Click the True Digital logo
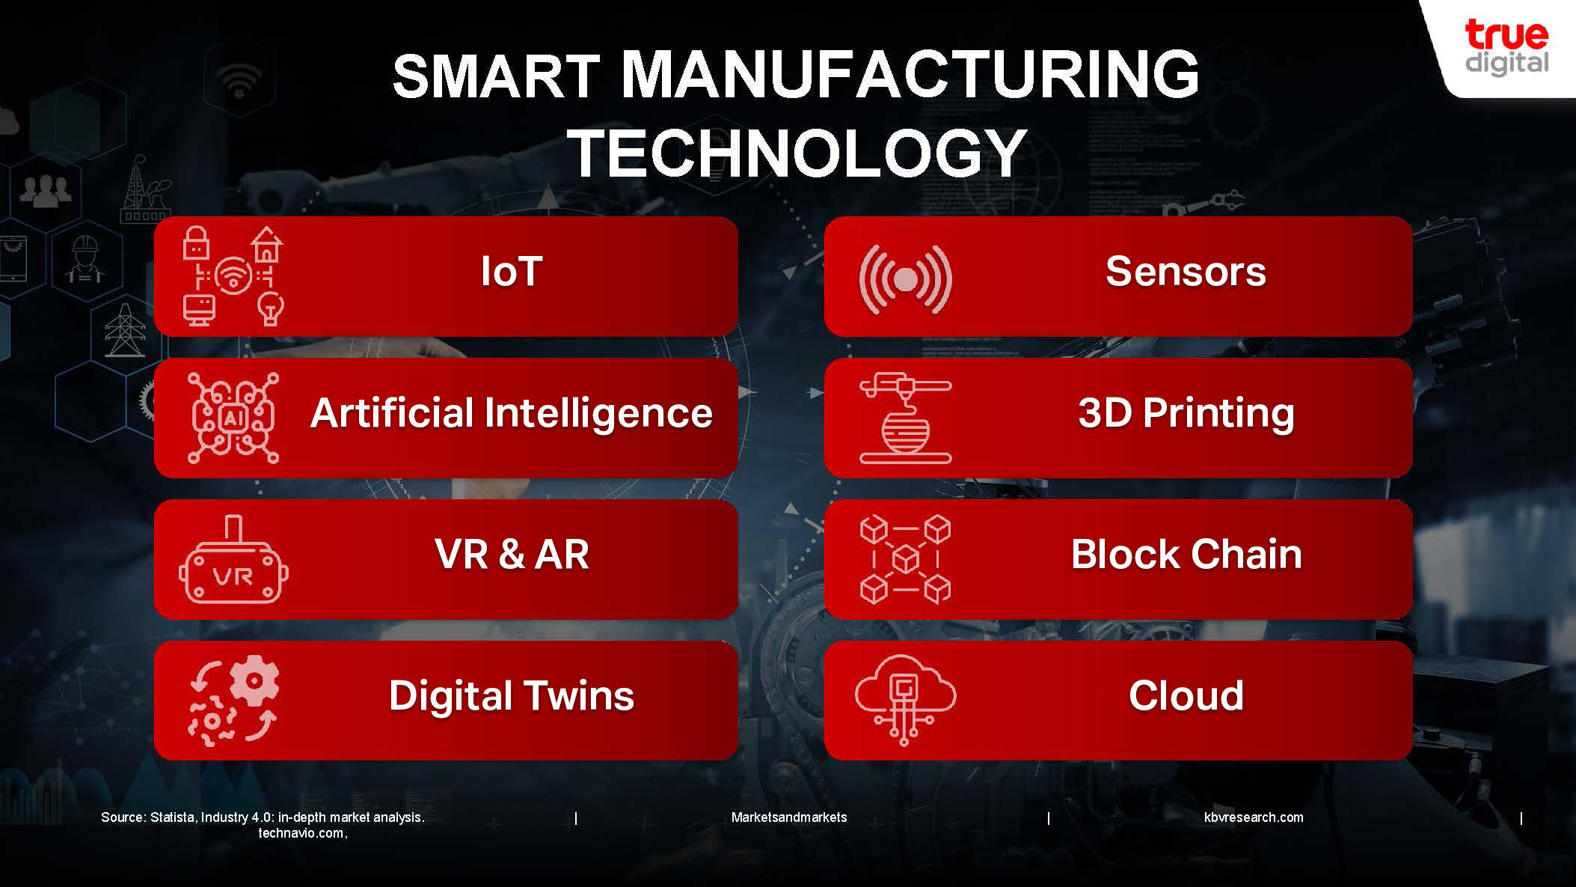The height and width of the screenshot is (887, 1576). click(1506, 48)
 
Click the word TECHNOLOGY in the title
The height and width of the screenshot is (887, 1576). click(797, 153)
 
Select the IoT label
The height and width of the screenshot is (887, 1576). click(512, 271)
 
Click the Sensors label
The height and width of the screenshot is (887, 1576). click(1186, 271)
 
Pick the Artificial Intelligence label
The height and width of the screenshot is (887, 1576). click(512, 414)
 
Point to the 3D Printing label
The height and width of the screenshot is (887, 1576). click(1186, 414)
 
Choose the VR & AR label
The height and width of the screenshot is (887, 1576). click(512, 555)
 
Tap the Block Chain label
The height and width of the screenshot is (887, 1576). click(1186, 555)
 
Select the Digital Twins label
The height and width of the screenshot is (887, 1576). click(512, 696)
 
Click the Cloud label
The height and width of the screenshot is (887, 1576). click(1186, 696)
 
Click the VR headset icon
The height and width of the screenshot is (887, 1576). click(233, 560)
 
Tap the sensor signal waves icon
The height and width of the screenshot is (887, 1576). click(906, 279)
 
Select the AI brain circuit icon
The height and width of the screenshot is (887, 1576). click(233, 418)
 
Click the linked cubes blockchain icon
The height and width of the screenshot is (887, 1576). click(905, 559)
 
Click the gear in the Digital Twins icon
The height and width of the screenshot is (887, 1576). click(254, 680)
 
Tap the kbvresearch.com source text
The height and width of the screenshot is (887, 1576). click(1254, 817)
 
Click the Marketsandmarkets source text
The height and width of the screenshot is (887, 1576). click(789, 817)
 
